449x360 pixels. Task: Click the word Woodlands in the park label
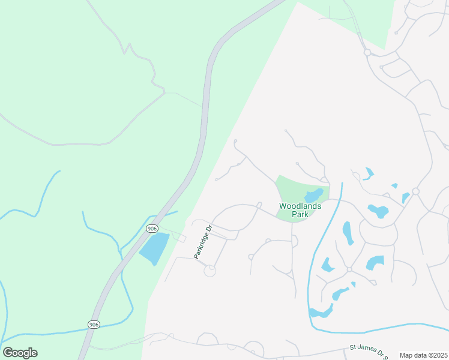click(300, 206)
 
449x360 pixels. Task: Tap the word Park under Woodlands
click(300, 214)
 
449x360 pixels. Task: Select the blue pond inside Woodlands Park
click(313, 196)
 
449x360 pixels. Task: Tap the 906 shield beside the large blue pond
click(152, 229)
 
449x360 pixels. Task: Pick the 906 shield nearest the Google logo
click(93, 325)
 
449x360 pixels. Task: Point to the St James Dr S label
click(366, 348)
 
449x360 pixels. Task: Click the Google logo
click(20, 353)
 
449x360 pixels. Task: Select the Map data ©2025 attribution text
click(423, 355)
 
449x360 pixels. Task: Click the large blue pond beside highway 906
click(155, 248)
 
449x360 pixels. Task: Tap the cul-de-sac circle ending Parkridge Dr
click(209, 271)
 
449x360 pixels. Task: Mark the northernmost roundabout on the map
click(367, 53)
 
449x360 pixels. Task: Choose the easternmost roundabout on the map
click(415, 191)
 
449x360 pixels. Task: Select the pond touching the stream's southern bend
click(321, 311)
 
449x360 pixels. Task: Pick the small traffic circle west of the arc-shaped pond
click(349, 269)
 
